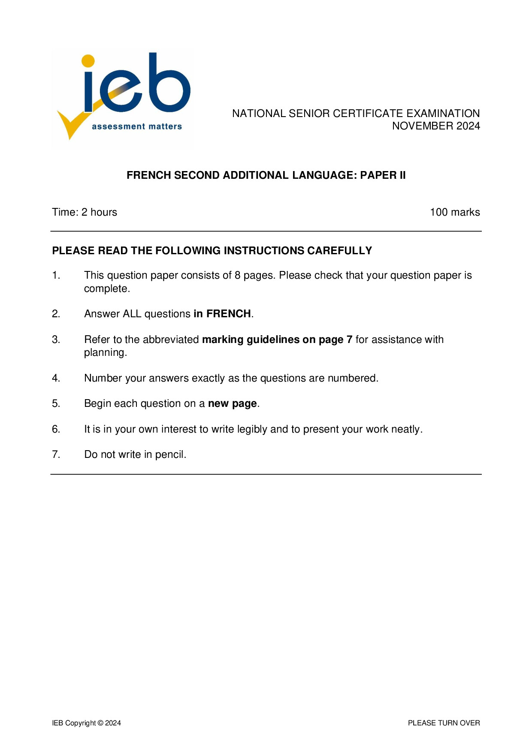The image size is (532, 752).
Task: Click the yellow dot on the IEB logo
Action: click(x=88, y=60)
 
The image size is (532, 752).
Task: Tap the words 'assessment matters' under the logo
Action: click(x=137, y=126)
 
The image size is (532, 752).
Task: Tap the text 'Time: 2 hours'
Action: click(x=85, y=212)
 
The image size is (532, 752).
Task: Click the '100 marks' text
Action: click(x=455, y=212)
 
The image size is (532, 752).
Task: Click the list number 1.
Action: click(x=56, y=275)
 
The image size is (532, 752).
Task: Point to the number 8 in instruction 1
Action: click(x=237, y=275)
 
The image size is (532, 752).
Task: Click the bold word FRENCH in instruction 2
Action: click(x=229, y=314)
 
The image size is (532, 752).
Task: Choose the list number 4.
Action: click(x=56, y=378)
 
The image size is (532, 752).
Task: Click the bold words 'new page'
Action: click(x=232, y=403)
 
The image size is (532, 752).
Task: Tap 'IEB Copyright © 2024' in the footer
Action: click(x=87, y=723)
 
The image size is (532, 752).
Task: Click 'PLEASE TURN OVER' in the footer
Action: click(x=444, y=723)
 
